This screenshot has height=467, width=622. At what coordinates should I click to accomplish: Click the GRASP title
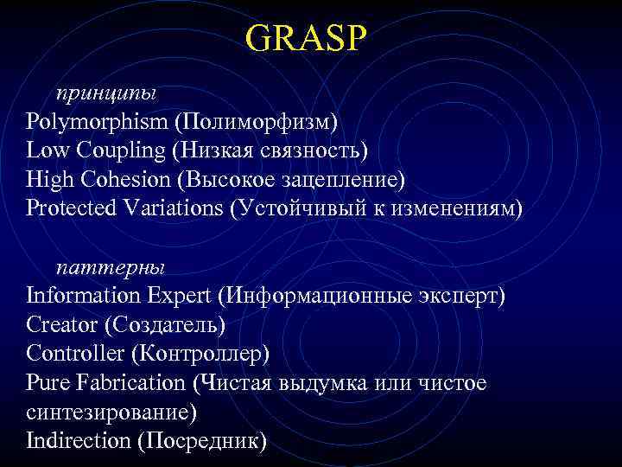(306, 37)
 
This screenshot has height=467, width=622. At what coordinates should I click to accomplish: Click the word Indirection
(79, 440)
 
